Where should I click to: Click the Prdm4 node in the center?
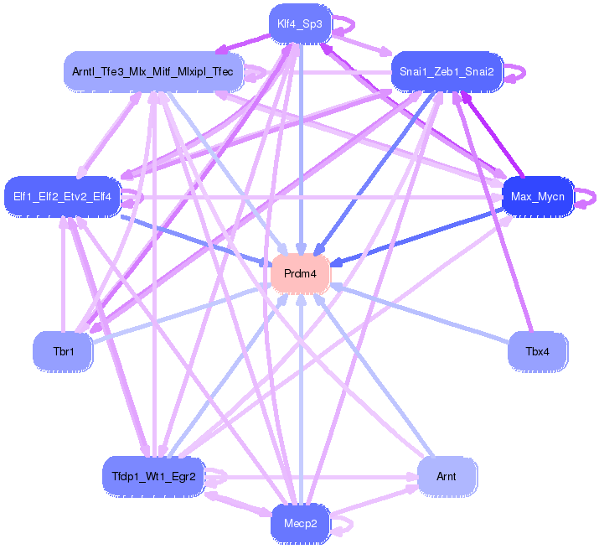click(x=300, y=273)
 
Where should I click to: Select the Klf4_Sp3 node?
click(x=299, y=23)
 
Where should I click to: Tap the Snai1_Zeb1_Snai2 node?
click(x=447, y=72)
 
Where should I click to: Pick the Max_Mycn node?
click(x=537, y=197)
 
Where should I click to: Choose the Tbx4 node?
click(x=538, y=351)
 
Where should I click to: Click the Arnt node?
click(x=447, y=476)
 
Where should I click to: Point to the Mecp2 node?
click(x=300, y=525)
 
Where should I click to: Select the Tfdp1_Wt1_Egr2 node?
click(x=153, y=476)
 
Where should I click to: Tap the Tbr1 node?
click(x=63, y=351)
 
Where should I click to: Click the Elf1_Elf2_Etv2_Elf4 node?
click(x=63, y=197)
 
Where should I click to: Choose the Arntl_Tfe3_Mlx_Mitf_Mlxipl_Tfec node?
click(x=154, y=72)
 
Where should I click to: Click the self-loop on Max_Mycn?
click(x=589, y=198)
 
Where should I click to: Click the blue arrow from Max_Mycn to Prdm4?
click(x=419, y=236)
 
